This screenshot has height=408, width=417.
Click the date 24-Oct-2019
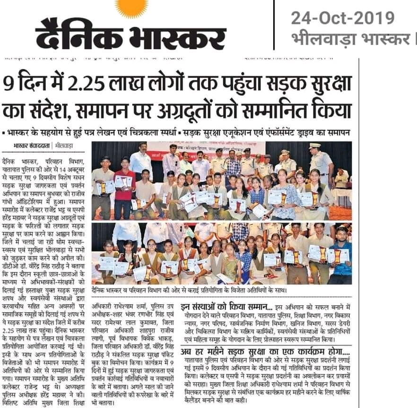(x=342, y=18)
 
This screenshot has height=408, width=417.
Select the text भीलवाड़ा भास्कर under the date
(x=350, y=39)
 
